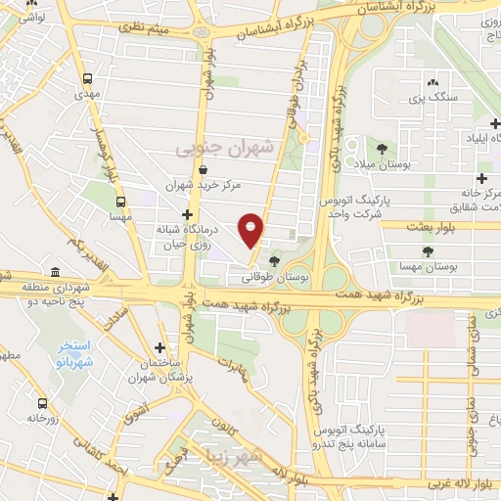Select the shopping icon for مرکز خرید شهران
(x=203, y=169)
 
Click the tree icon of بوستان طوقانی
(x=274, y=260)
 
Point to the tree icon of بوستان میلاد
(x=381, y=150)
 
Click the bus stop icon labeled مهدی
(x=88, y=78)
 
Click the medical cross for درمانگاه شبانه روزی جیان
(x=186, y=213)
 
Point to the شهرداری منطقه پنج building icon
(x=54, y=272)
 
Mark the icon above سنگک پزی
(x=432, y=83)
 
